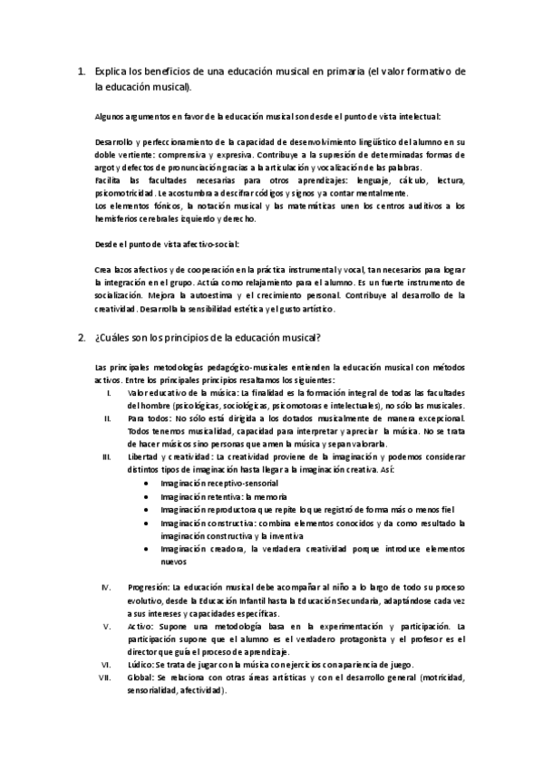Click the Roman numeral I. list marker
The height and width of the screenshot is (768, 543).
[109, 393]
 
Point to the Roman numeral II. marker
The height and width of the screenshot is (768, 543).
[108, 418]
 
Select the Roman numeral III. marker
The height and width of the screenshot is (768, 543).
[107, 457]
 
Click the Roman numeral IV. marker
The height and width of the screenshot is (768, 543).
[107, 587]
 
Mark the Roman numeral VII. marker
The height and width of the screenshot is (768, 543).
[106, 677]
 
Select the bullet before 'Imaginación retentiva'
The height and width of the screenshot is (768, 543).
[147, 497]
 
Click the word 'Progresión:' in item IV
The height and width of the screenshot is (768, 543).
[149, 587]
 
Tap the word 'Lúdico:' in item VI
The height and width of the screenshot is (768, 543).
[141, 665]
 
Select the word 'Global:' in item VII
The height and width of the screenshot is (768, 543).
[141, 677]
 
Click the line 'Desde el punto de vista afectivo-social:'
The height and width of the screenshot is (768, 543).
[168, 245]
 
